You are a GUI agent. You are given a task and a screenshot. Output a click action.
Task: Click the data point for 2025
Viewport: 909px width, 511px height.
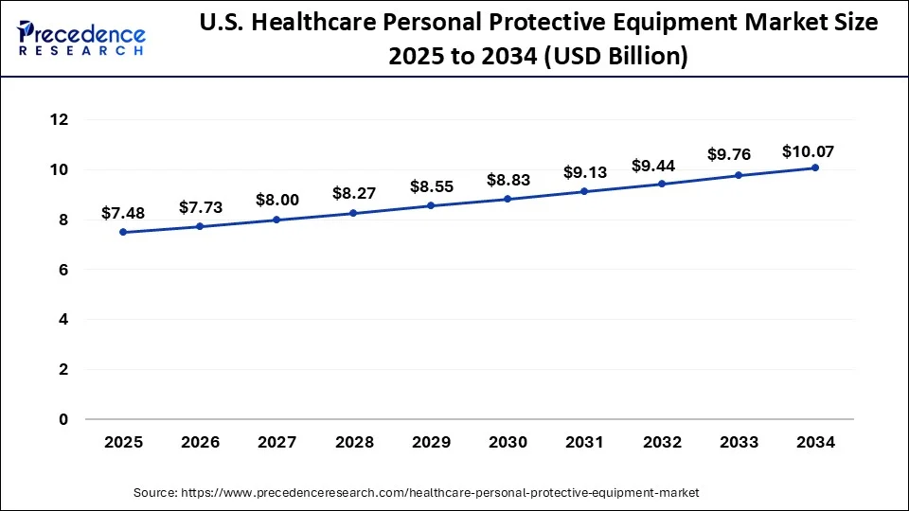123,232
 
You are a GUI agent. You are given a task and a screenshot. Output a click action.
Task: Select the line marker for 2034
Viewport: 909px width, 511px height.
815,167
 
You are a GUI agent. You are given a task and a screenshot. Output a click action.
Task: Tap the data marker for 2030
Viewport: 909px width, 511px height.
508,199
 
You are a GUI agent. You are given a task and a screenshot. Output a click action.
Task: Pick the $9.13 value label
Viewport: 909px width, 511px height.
584,172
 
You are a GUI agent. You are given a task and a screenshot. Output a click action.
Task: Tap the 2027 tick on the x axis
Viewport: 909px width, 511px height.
276,442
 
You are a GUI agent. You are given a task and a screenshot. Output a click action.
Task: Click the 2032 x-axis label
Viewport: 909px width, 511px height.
662,442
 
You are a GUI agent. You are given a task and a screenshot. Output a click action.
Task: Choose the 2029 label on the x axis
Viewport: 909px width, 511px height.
431,442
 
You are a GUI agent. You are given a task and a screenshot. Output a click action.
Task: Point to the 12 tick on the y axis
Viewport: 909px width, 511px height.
60,120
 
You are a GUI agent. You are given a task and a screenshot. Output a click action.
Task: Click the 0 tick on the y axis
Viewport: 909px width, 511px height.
64,419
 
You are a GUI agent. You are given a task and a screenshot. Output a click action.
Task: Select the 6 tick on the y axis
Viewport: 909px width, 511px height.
64,270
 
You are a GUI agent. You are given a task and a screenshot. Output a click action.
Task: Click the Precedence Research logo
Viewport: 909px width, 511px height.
81,38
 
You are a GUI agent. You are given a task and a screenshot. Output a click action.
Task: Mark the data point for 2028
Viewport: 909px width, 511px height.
353,213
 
